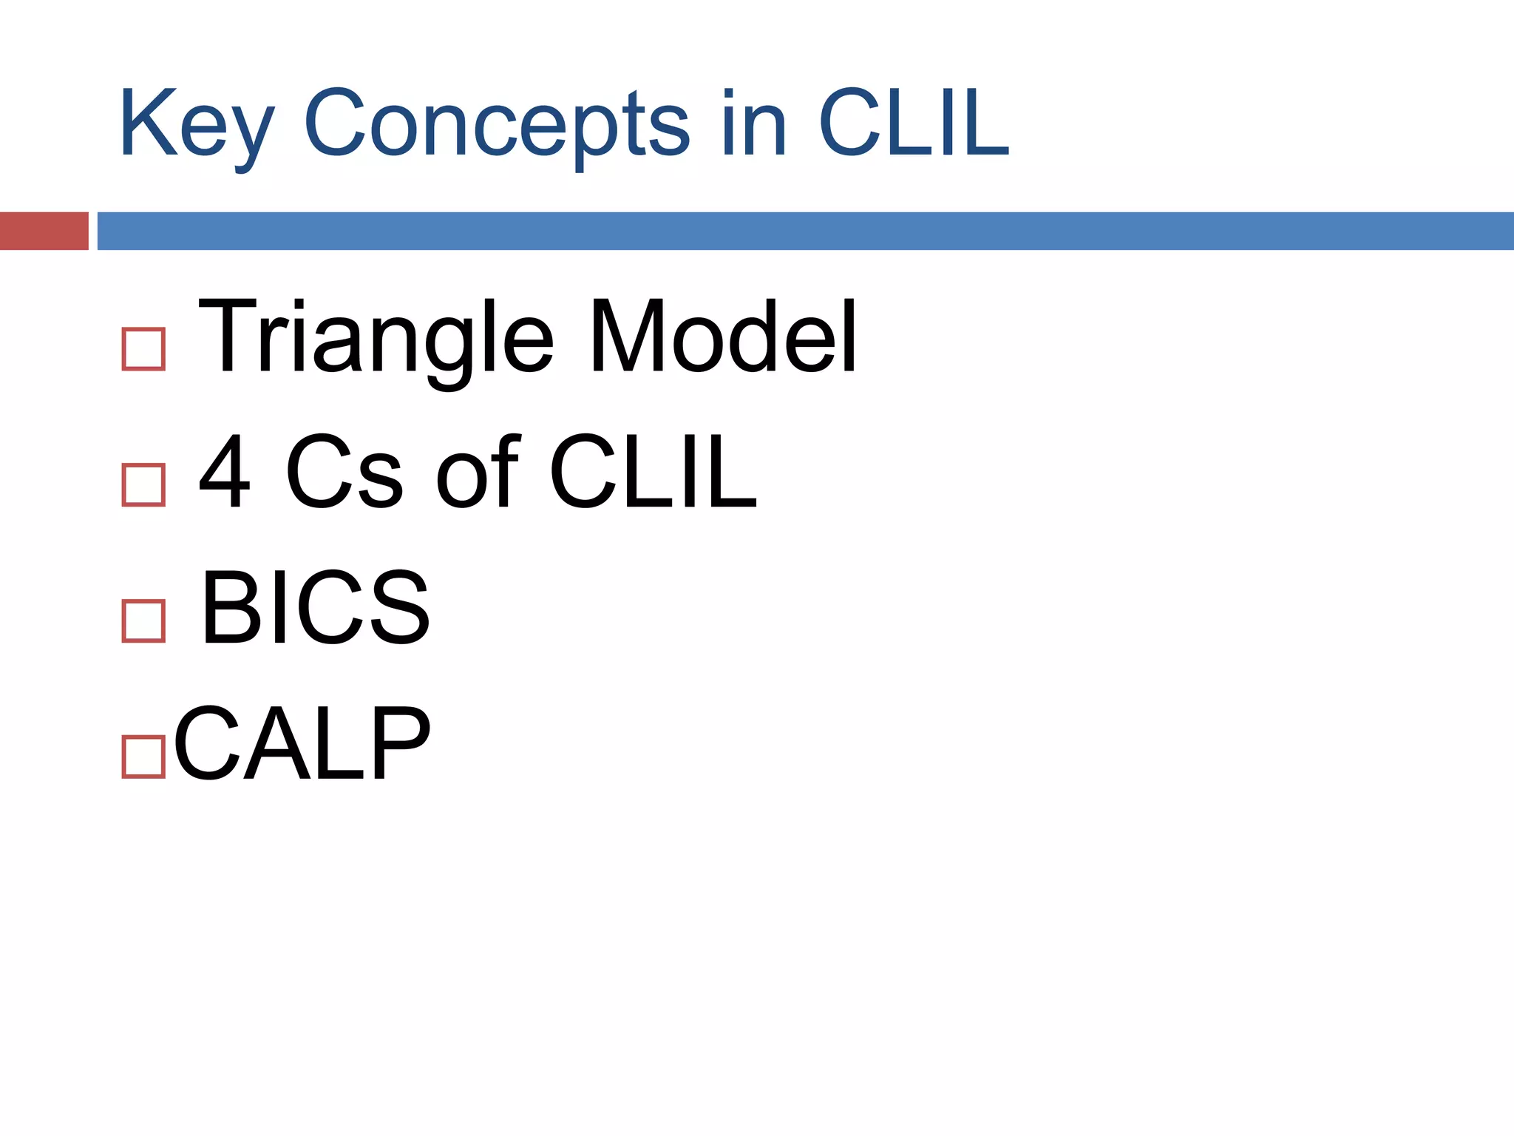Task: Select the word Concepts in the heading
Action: [497, 124]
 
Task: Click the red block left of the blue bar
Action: [44, 231]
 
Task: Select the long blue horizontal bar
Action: [804, 231]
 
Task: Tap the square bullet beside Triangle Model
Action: [143, 349]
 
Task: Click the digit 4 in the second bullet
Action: [225, 471]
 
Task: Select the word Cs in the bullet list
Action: [344, 471]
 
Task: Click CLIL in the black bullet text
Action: [653, 471]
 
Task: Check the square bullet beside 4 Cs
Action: [143, 485]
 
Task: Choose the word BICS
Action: [315, 608]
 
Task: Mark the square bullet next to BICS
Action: [143, 621]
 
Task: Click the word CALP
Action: [302, 743]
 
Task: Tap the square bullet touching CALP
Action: [143, 757]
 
